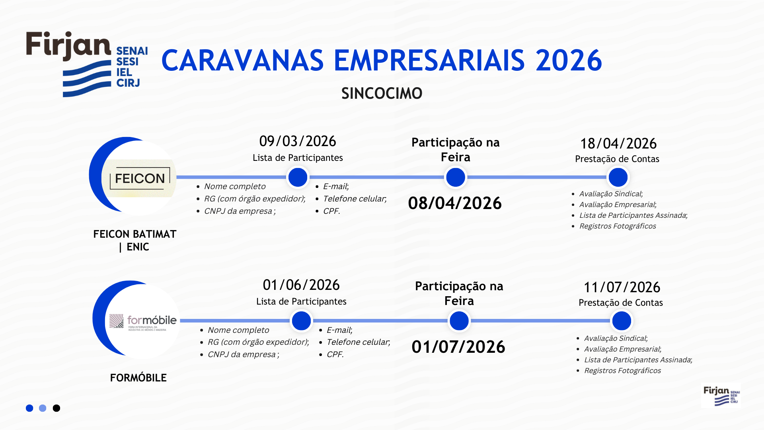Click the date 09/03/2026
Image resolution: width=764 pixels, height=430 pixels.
[x=298, y=141]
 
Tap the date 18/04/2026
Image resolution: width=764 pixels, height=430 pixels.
[x=618, y=144]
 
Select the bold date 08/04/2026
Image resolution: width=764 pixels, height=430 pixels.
[x=455, y=203]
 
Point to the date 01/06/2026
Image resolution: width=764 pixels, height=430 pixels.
[x=301, y=285]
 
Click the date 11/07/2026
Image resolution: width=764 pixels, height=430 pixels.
[x=622, y=287]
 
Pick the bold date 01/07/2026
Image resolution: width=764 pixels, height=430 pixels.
[x=458, y=347]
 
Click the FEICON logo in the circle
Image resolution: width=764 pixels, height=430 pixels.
[x=140, y=178]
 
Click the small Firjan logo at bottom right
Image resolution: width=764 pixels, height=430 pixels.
[x=721, y=395]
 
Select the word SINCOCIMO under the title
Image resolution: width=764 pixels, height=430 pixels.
[x=382, y=94]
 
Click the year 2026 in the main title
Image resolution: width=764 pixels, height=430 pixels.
[x=569, y=61]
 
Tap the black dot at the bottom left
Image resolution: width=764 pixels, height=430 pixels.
[x=57, y=408]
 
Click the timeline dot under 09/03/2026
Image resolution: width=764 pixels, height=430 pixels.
[x=298, y=177]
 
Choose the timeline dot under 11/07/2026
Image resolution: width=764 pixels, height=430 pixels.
[x=622, y=321]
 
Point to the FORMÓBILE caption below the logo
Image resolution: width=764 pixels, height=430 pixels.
[x=138, y=378]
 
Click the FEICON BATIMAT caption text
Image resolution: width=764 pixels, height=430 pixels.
[x=135, y=235]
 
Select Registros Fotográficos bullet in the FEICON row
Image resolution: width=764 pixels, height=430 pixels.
[x=618, y=226]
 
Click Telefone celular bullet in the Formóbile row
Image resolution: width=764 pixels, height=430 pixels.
[x=358, y=342]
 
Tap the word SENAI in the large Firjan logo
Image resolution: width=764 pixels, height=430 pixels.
[x=132, y=51]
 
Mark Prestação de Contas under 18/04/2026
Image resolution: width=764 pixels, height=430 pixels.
[x=617, y=159]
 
